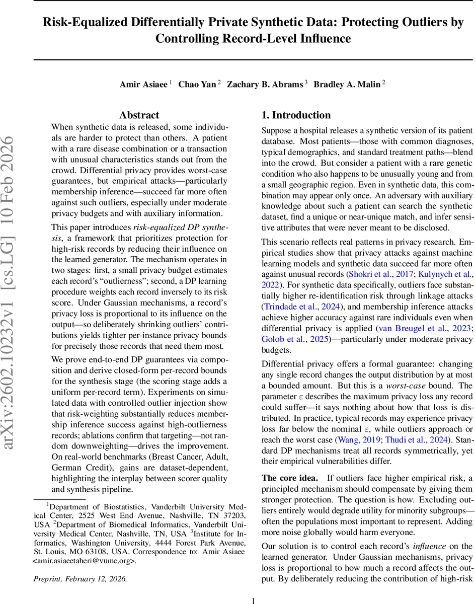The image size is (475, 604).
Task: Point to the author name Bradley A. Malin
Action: point(347,84)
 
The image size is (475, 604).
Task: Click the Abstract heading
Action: point(139,115)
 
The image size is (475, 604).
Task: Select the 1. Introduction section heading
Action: point(296,115)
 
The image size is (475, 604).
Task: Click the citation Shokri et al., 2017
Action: point(378,274)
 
